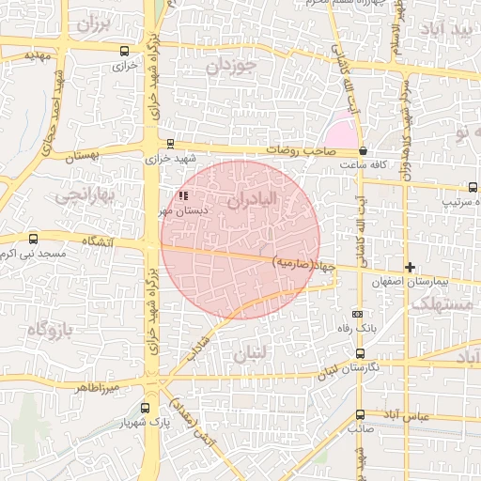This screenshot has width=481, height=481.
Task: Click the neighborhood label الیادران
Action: point(253,200)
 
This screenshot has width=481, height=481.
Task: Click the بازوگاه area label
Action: point(50,329)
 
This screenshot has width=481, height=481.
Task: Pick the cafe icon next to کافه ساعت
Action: point(364,150)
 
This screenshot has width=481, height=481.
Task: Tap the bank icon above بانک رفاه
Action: point(356,314)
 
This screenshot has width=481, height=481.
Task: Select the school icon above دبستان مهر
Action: point(183,195)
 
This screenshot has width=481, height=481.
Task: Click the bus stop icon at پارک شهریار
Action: point(145,408)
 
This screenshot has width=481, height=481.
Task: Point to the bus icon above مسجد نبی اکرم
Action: point(34,240)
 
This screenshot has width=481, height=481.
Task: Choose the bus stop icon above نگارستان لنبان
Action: point(360,353)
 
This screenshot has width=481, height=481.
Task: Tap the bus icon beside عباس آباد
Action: point(361,413)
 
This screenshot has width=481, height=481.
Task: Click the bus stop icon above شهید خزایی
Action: point(169,144)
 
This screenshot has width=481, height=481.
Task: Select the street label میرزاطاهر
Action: point(99,387)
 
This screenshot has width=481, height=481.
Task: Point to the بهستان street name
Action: point(82,157)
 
